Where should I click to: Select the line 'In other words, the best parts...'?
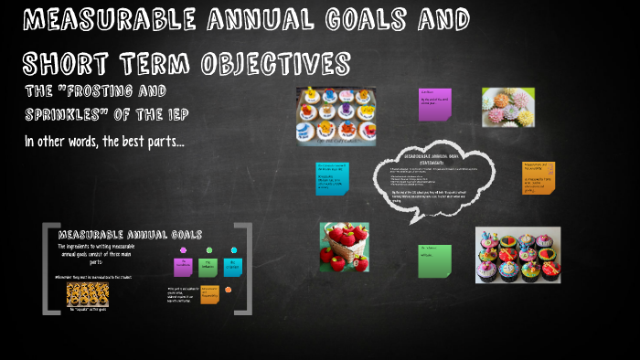[x=104, y=141]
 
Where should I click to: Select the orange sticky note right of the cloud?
[x=539, y=178]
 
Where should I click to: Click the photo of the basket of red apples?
[x=344, y=248]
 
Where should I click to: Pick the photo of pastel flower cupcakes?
[x=508, y=107]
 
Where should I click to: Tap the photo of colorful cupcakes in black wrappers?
[x=517, y=255]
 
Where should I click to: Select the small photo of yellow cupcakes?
[x=88, y=294]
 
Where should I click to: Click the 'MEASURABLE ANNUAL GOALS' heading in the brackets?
[x=130, y=235]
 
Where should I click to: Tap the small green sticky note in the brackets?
[x=208, y=267]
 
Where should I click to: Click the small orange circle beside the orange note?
[x=229, y=290]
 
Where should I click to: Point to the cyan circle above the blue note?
[x=233, y=249]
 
